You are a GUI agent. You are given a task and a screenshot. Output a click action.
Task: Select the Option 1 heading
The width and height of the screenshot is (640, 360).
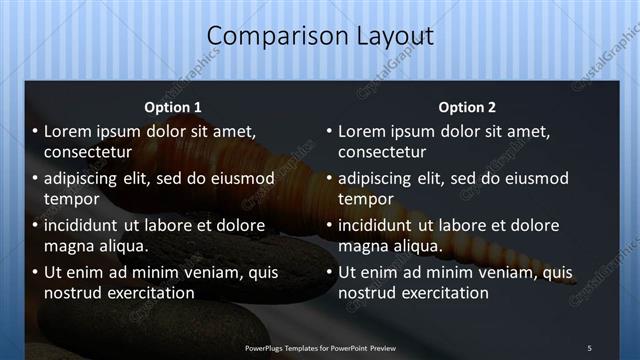[x=173, y=107]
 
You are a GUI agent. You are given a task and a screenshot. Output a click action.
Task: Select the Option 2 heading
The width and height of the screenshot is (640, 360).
[x=466, y=107]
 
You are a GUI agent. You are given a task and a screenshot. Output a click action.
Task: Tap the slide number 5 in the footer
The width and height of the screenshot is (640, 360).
[x=589, y=347]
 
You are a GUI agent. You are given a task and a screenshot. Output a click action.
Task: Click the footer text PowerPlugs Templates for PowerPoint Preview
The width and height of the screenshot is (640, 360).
[x=320, y=347]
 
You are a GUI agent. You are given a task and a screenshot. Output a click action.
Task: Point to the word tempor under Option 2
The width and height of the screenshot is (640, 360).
[x=362, y=199]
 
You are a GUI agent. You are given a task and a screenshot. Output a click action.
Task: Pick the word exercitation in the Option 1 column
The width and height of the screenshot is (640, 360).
[x=147, y=293]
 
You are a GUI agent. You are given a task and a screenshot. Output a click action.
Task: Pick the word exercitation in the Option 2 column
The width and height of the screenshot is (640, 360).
[x=441, y=293]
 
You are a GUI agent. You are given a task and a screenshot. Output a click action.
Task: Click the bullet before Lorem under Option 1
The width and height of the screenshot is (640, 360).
[x=36, y=132]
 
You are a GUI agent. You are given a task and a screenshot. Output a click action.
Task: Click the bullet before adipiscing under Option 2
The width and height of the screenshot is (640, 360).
[x=329, y=179]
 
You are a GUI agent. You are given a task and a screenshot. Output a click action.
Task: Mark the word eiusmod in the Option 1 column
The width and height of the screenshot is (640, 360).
[x=239, y=179]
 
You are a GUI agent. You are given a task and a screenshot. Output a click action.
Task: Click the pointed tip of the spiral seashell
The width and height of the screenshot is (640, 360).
[x=575, y=281]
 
